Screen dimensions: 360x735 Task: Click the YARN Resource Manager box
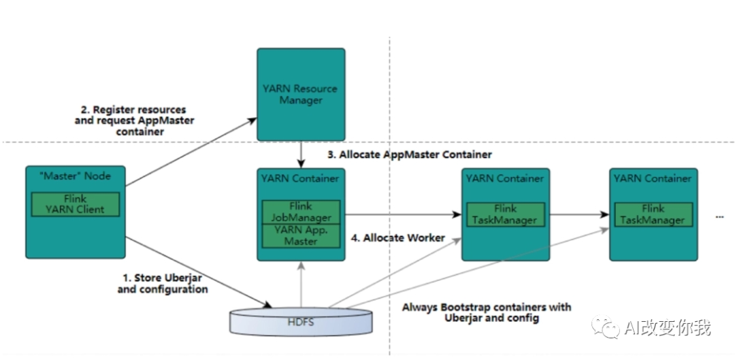300,94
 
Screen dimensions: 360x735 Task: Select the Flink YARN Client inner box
76,205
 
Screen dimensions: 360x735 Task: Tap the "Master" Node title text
76,176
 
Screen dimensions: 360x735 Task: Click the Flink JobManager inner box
301,212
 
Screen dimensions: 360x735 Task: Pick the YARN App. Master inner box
301,235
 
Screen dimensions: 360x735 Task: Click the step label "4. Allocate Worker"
398,238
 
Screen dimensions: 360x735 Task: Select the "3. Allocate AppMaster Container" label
410,154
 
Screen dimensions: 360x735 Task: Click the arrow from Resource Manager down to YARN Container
300,154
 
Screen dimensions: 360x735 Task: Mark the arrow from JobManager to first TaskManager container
402,215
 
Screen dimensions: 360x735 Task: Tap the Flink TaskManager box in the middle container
505,214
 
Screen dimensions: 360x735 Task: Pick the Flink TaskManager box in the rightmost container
653,214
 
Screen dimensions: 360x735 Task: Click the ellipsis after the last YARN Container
720,216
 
